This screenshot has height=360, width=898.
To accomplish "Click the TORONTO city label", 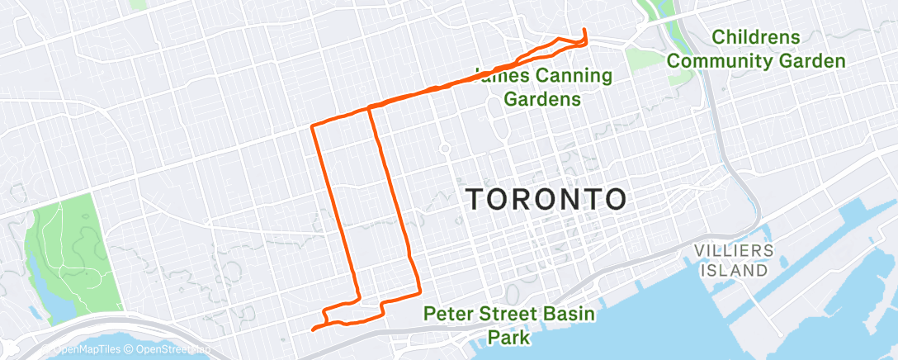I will (x=546, y=199).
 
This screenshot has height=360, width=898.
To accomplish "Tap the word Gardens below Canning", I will (x=542, y=99).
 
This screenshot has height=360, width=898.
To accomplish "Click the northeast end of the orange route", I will (x=584, y=31).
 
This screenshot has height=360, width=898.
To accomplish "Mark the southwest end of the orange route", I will (x=313, y=329).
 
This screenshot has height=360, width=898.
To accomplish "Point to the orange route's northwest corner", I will (x=312, y=126).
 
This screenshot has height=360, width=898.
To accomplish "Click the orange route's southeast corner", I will (x=419, y=291).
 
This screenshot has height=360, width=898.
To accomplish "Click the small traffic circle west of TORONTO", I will (x=444, y=149).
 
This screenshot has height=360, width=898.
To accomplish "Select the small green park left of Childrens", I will (x=640, y=58).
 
